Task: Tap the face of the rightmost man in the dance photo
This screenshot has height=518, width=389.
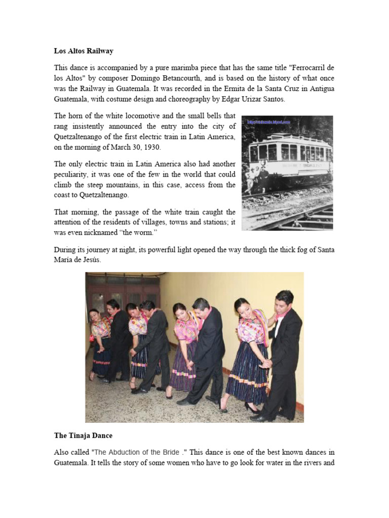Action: click(x=284, y=299)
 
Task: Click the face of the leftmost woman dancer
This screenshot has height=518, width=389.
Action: click(x=95, y=315)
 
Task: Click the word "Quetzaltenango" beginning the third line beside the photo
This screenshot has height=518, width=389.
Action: click(x=81, y=137)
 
